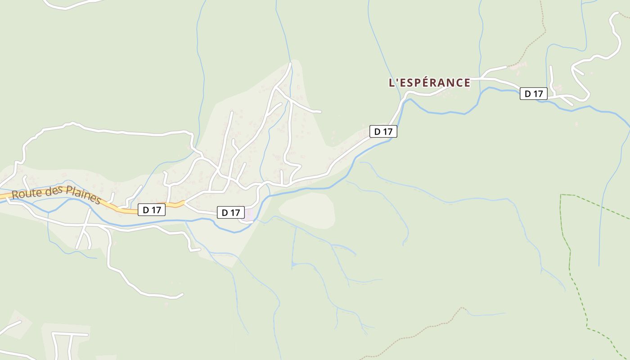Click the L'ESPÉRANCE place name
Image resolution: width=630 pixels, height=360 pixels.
click(x=429, y=83)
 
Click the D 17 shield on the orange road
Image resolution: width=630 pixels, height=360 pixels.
click(x=152, y=210)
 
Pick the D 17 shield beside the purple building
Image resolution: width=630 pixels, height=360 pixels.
click(x=231, y=212)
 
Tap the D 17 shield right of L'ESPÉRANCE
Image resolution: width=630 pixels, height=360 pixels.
click(x=534, y=94)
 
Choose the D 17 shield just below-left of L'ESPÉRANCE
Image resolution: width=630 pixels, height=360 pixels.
click(x=383, y=131)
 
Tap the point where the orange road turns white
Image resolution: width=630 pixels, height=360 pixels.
click(x=184, y=203)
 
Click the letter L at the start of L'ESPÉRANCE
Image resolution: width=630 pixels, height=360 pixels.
click(x=391, y=83)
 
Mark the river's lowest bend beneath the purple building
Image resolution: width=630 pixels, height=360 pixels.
click(x=236, y=232)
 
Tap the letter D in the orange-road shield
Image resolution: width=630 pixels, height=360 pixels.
click(x=146, y=210)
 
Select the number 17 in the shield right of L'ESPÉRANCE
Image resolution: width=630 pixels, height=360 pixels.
click(x=538, y=94)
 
